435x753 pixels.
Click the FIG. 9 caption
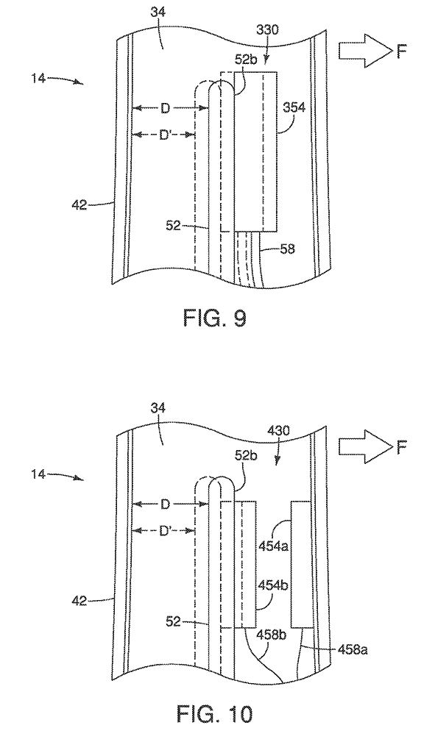(215, 318)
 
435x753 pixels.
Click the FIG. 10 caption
(214, 713)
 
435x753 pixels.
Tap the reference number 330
(266, 31)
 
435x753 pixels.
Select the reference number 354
(294, 107)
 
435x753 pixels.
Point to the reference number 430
(279, 431)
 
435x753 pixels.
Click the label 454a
(274, 546)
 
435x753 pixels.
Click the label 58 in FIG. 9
(288, 249)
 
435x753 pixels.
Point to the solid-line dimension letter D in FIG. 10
(165, 504)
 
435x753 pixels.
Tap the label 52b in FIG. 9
(246, 60)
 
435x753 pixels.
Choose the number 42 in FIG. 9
(80, 205)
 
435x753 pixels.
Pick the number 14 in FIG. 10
(40, 474)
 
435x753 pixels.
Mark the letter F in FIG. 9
(402, 51)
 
